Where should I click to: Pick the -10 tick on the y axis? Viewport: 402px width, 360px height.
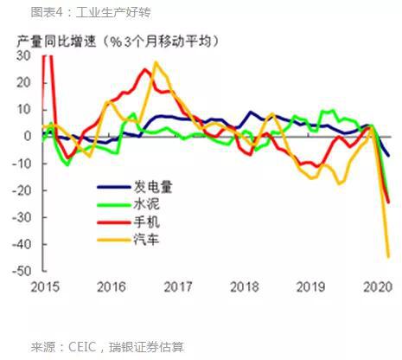23,164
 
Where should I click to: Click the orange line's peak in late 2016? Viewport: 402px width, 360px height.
156,63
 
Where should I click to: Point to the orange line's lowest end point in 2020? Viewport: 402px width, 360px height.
387,256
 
